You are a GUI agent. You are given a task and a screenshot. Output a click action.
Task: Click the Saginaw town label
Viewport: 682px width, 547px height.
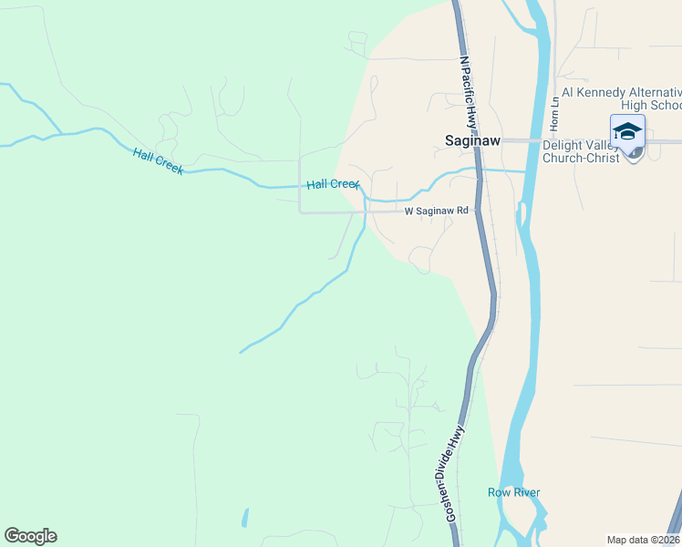point(473,141)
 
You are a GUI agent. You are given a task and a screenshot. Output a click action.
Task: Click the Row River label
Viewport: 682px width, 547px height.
point(513,492)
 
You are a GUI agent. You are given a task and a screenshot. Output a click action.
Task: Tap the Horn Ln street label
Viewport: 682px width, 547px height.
point(554,112)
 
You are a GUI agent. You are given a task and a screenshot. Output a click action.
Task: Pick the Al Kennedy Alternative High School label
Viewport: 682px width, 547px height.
point(621,98)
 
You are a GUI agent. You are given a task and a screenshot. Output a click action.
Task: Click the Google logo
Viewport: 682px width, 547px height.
point(30,536)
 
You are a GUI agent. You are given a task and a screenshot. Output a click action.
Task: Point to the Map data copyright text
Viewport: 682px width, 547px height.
point(644,540)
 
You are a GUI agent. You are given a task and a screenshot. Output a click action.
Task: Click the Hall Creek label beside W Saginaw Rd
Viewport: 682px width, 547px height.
point(333,184)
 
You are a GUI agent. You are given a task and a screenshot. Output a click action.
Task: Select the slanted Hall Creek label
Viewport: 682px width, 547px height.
point(158,161)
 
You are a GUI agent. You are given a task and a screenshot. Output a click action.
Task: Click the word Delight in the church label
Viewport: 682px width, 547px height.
point(561,144)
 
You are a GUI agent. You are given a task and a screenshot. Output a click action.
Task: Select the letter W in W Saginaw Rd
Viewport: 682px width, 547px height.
point(409,211)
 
